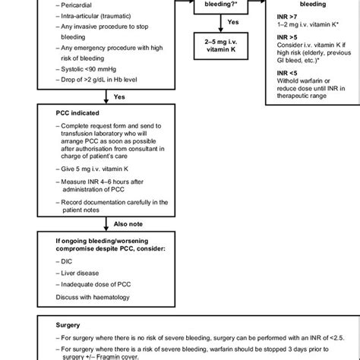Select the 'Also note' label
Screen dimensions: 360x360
[125, 226]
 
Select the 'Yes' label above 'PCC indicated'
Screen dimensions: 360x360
[119, 97]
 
